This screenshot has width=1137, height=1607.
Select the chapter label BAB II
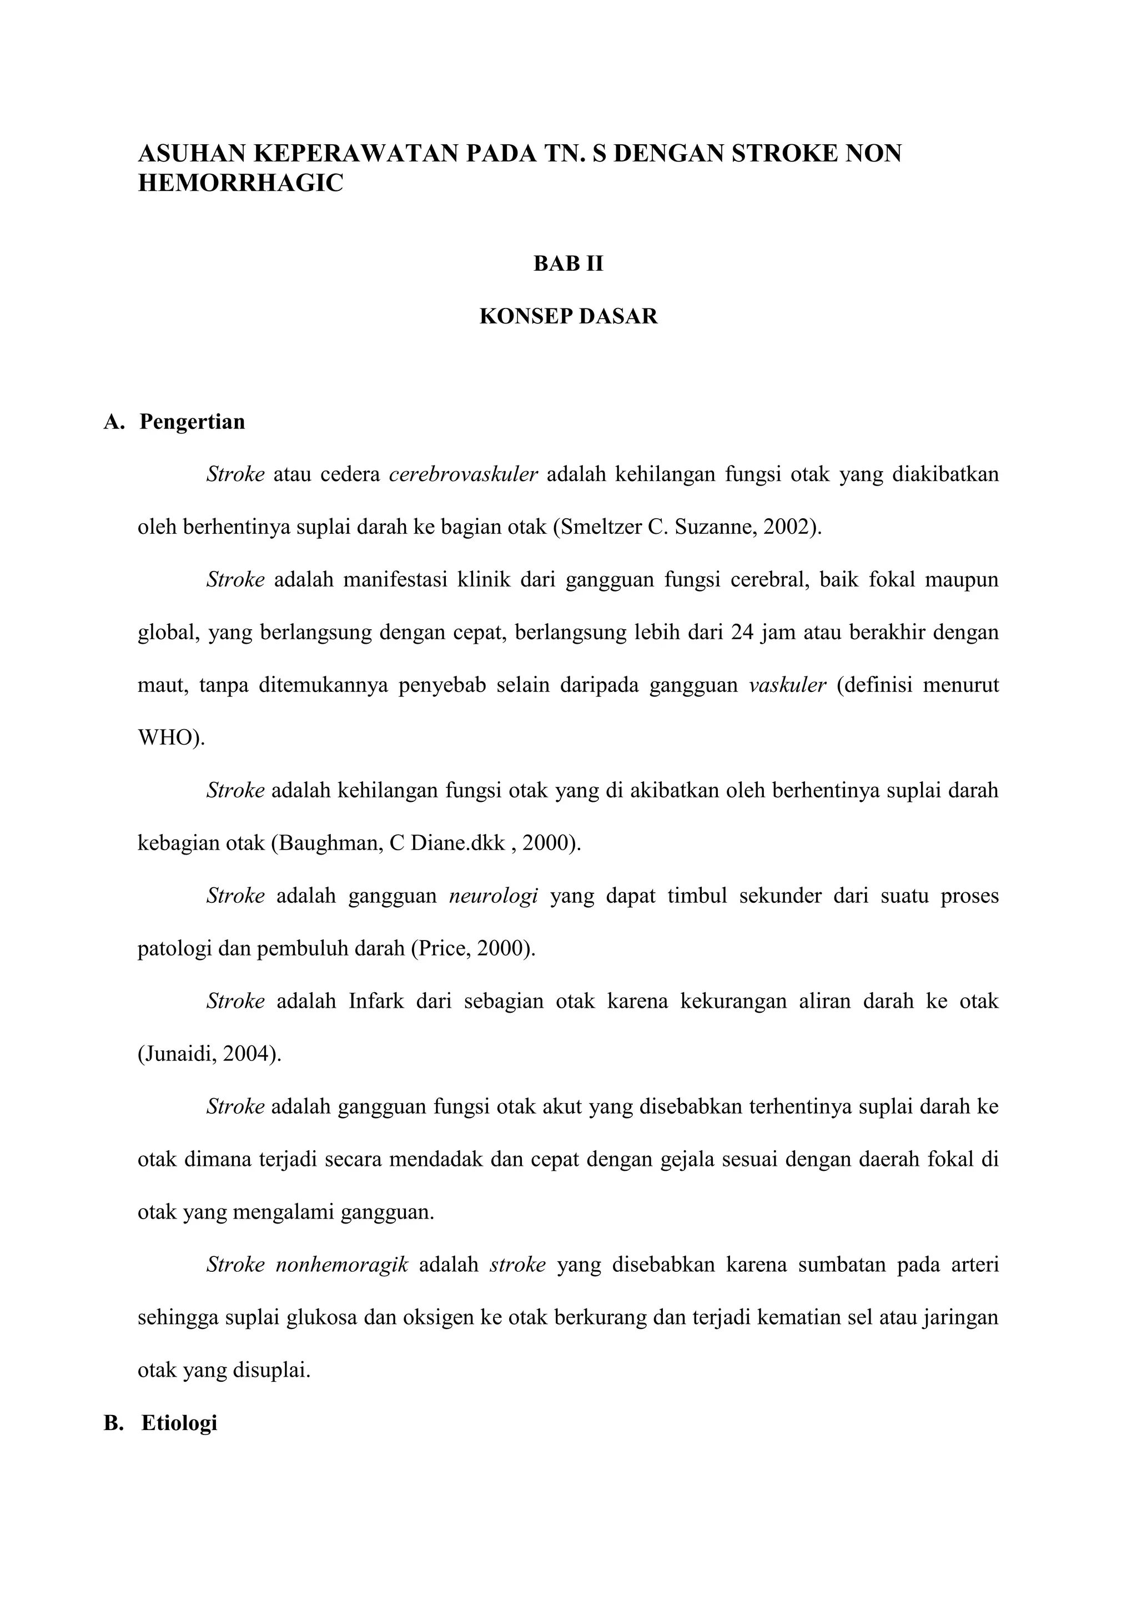click(568, 264)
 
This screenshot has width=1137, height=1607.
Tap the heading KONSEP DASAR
click(568, 316)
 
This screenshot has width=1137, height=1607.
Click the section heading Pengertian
click(192, 422)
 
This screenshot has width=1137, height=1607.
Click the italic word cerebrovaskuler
click(463, 474)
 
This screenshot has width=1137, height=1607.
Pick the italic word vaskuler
click(787, 685)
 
